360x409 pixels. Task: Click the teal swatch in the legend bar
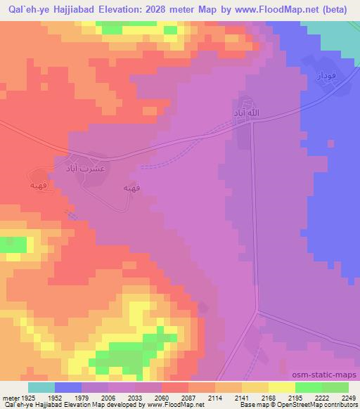41,387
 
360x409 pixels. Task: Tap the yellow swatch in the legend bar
255,387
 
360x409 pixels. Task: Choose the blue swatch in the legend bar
68,387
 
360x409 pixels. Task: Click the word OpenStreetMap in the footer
306,405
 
